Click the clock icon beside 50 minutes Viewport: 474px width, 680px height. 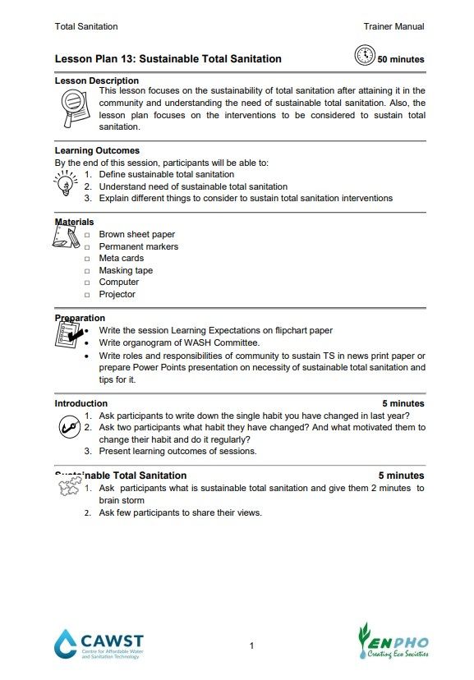(364, 56)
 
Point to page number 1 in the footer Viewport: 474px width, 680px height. (251, 646)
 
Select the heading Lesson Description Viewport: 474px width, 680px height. (96, 80)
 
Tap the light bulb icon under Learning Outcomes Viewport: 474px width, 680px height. (66, 182)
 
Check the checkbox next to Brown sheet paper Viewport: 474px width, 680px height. (87, 235)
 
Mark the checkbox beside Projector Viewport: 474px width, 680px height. (87, 295)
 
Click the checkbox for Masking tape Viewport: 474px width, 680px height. (87, 271)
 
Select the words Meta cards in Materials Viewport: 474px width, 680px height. (121, 258)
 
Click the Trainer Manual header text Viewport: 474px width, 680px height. (393, 26)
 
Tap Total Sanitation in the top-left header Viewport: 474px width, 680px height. (86, 26)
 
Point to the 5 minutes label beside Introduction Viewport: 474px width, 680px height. (403, 403)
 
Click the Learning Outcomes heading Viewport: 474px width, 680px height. (97, 150)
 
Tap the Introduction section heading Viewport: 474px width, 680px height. (81, 403)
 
